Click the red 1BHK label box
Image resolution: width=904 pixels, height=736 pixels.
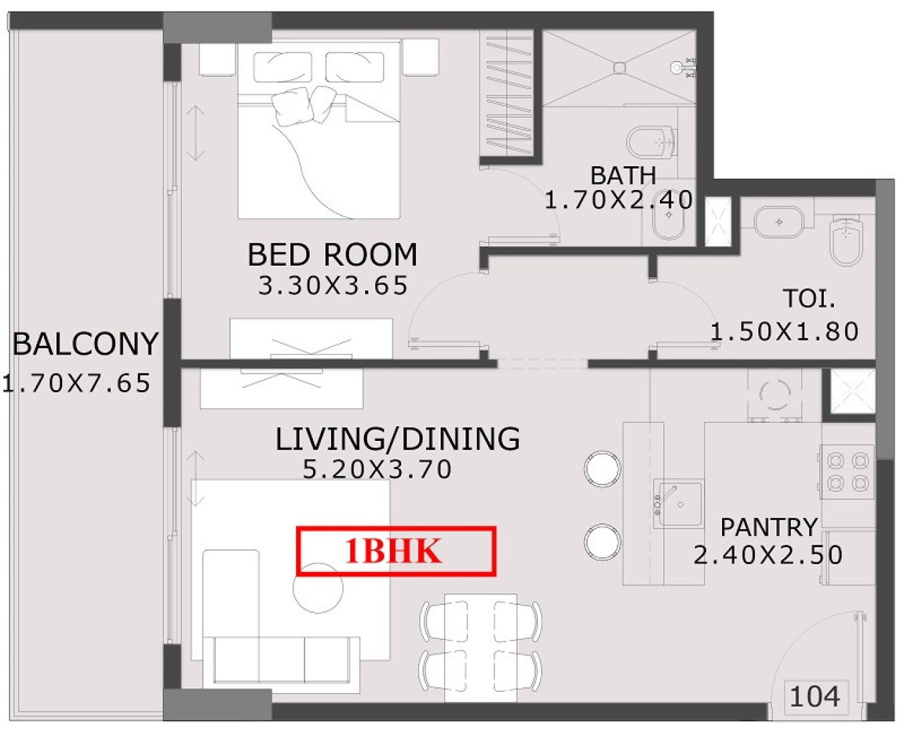396,551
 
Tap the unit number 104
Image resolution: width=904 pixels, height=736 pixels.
814,697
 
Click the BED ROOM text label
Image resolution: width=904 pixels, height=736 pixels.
332,255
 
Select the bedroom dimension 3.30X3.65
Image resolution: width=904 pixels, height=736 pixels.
333,286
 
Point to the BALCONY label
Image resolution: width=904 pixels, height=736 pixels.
86,344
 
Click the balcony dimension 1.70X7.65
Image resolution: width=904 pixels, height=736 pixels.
76,383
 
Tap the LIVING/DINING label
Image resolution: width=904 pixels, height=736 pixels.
398,439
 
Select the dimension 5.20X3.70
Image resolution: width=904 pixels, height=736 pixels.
377,469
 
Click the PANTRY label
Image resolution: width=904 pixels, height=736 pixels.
769,527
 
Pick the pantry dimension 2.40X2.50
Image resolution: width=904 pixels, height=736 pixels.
768,555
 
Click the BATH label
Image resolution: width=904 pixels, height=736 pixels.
623,175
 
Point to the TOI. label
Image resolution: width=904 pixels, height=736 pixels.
809,298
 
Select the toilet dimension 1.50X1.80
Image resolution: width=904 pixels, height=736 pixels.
784,332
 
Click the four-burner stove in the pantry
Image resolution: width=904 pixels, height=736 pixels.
847,472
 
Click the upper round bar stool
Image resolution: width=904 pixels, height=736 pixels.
602,469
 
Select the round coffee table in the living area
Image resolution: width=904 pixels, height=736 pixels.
318,588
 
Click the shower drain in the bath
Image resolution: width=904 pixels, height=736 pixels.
619,68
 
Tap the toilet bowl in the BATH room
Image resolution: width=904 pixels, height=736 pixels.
650,143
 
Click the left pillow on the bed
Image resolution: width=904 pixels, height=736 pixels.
283,67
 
